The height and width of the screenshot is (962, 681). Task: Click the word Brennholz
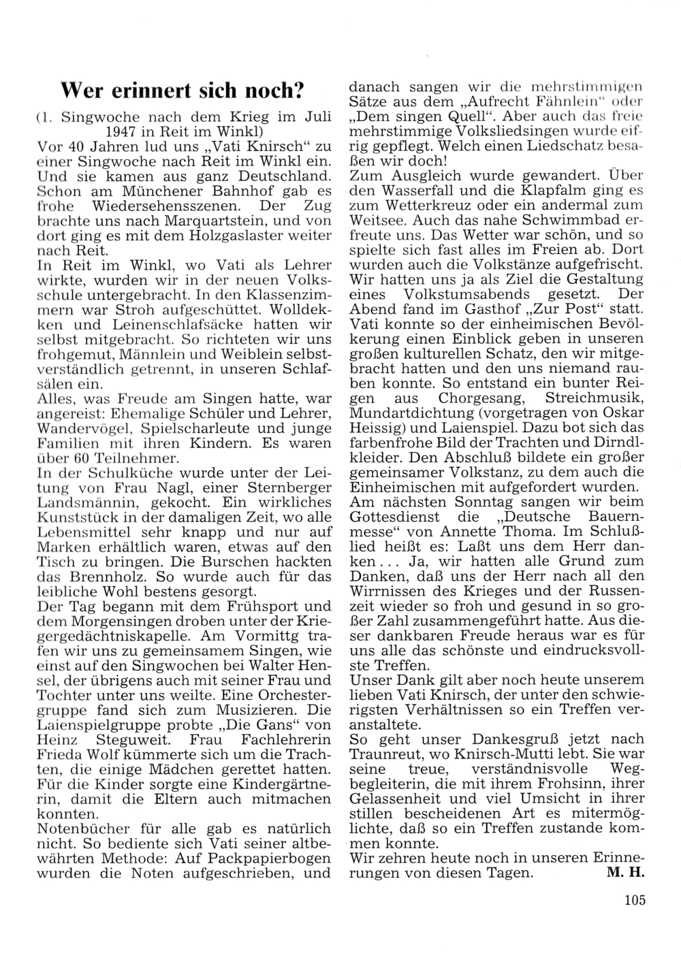[93, 577]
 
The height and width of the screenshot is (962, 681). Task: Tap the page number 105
[633, 901]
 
